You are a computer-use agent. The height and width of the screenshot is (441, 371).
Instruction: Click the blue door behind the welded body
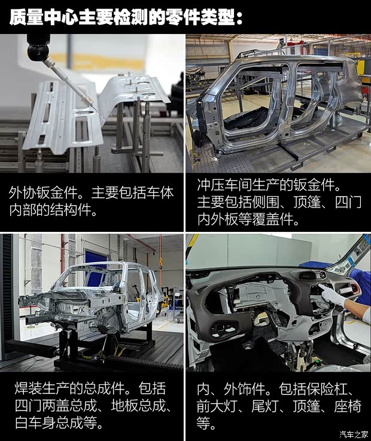[96, 258]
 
